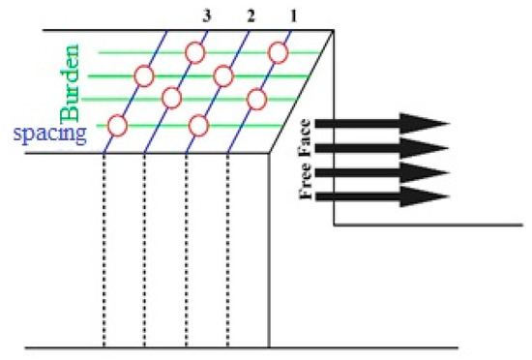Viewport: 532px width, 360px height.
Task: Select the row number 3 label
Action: coord(206,15)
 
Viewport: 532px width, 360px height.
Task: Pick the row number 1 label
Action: coord(292,15)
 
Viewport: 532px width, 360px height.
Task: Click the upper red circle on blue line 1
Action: coord(278,52)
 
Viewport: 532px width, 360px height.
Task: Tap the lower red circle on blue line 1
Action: coord(256,98)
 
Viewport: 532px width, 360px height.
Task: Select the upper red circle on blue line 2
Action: coord(223,75)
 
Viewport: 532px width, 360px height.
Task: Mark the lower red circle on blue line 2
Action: coord(199,124)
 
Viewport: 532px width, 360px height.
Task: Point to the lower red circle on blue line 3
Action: coord(172,98)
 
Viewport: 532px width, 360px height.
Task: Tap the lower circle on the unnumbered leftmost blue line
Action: coord(117,125)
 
